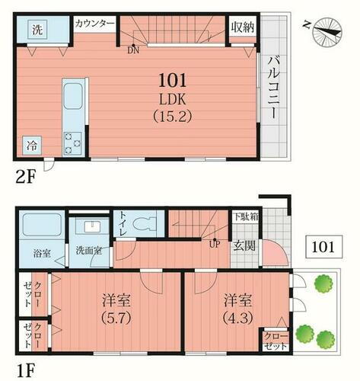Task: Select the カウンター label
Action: tap(94, 24)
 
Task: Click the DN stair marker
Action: tap(133, 50)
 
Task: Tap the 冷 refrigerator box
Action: tap(33, 143)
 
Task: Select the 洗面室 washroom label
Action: tap(89, 251)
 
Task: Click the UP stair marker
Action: tap(215, 244)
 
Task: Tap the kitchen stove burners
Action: tap(74, 141)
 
